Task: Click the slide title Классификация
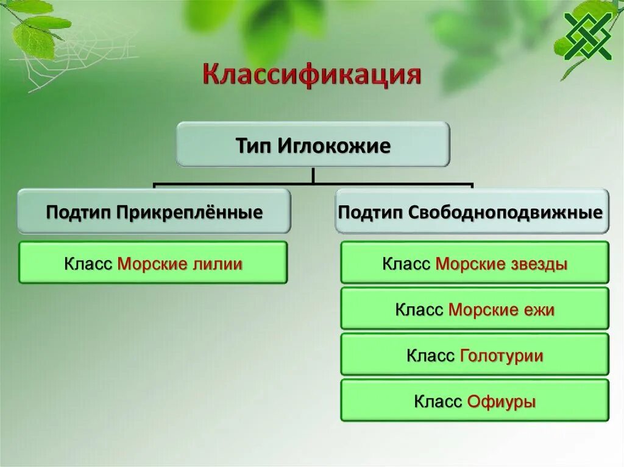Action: (311, 75)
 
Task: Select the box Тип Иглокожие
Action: (313, 145)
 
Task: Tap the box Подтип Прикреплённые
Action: (154, 211)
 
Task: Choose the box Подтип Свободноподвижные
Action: (471, 211)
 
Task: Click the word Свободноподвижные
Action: (505, 212)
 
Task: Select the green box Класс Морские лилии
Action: (153, 262)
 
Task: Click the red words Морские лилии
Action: (180, 264)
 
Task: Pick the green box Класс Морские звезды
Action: (474, 262)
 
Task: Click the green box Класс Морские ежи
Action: (474, 309)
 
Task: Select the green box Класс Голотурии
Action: (474, 354)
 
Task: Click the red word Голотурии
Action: (502, 356)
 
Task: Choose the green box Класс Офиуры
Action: (474, 401)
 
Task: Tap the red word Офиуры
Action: (502, 402)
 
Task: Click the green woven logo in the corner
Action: (587, 35)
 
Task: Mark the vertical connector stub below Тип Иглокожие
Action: (313, 175)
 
